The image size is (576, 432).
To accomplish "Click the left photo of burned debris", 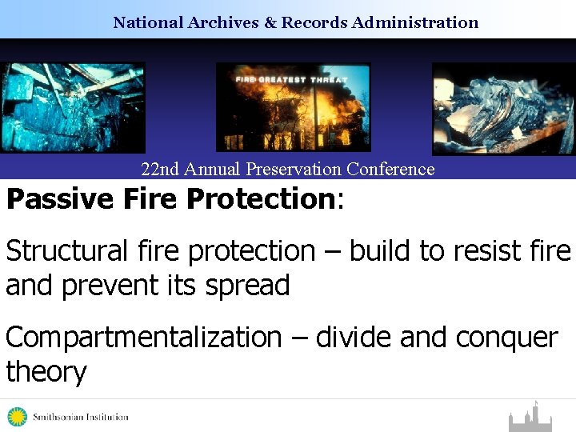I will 73,107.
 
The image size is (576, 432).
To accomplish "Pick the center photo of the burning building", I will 294,107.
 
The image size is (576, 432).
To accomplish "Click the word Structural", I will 66,251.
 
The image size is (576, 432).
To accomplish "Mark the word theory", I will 46,372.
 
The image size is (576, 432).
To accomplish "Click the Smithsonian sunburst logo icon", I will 17,417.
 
